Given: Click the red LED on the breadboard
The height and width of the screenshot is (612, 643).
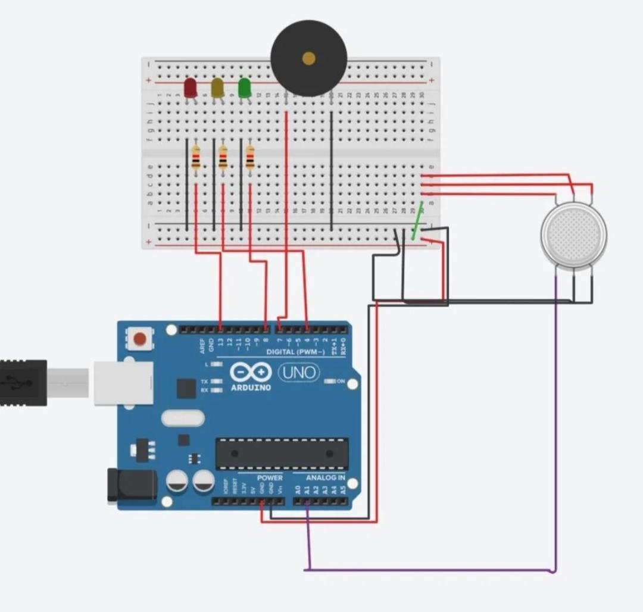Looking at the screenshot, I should [190, 88].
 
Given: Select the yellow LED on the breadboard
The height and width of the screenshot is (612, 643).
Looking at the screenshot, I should [217, 88].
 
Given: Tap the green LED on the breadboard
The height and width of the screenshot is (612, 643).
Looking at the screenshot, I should [244, 88].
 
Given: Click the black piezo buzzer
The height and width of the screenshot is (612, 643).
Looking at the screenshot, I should [308, 58].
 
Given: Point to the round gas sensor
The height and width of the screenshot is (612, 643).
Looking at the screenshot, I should [573, 235].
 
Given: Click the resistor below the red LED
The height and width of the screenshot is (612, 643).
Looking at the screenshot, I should [196, 158].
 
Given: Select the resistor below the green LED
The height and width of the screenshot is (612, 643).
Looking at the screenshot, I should [249, 158].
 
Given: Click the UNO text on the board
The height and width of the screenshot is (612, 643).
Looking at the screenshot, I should [299, 373].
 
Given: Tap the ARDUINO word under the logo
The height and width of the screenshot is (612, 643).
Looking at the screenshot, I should [250, 388].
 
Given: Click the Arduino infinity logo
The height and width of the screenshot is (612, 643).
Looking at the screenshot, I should [251, 373].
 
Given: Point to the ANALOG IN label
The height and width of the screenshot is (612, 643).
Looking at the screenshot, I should [325, 477].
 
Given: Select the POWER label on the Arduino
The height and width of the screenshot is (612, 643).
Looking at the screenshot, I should [270, 477].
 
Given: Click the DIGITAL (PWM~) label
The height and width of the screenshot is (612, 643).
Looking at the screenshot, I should [295, 352].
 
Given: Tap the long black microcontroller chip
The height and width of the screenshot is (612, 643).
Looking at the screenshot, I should [282, 454].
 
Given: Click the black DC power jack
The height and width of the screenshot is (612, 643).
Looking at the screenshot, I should [132, 485].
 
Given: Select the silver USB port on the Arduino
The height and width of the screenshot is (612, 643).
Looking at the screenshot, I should [123, 382].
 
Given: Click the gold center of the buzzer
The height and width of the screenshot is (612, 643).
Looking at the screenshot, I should [308, 58].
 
